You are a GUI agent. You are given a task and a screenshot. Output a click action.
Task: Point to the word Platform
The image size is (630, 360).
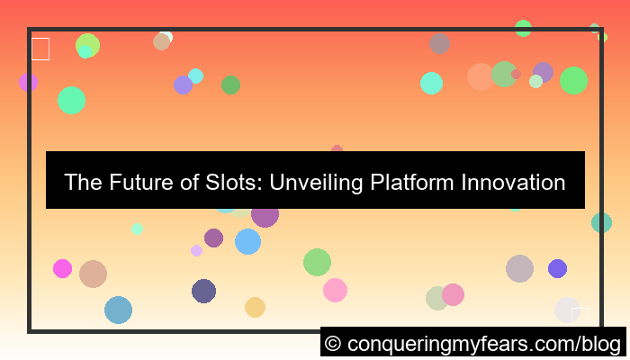pos(412,183)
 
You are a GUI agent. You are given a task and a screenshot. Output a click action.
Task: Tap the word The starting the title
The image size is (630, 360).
pos(81,183)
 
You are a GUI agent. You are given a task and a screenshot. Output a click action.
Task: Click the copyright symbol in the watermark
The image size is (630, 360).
pos(332,344)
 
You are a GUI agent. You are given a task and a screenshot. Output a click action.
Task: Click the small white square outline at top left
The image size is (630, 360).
pos(40,49)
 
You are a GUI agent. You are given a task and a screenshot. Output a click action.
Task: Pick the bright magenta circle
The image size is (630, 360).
pos(62,268)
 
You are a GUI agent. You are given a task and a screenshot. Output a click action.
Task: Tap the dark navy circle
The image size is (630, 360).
pos(203,291)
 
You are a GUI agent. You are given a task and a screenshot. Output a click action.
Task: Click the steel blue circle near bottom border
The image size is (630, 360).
pos(118,310)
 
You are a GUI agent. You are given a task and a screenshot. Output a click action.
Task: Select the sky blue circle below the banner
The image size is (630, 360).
pos(247,241)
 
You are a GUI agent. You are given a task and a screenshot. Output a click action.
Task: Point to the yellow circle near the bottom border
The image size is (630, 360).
pos(255,307)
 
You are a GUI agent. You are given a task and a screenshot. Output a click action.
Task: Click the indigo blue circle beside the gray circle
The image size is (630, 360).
pos(557,268)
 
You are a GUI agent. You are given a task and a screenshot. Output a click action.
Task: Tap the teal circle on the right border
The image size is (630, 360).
pos(601,222)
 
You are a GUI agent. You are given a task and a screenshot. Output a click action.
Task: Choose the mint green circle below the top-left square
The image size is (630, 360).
pos(71,100)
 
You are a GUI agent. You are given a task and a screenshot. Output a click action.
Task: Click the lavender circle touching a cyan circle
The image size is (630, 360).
pos(184,85)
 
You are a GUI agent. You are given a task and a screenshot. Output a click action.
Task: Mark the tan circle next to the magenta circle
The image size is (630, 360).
pos(93,274)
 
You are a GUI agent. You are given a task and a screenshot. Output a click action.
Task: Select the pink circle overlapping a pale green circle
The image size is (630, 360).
pos(453,294)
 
